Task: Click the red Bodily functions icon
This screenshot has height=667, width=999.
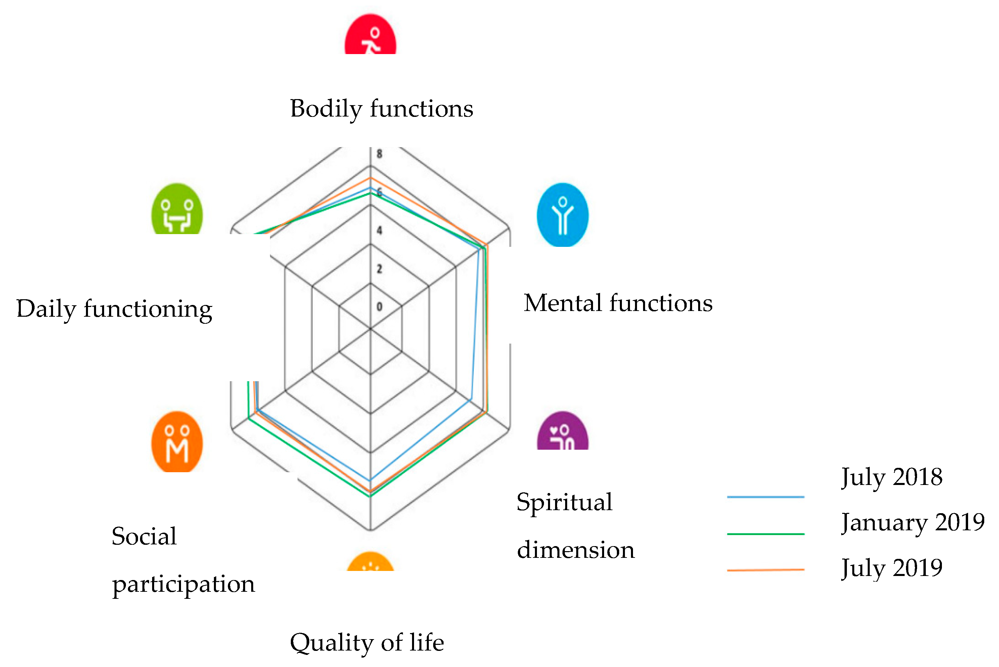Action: click(x=370, y=35)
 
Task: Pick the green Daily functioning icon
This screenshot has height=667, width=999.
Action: click(x=177, y=209)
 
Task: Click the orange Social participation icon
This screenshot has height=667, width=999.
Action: click(x=177, y=442)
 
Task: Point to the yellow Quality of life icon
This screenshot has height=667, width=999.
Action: click(x=370, y=562)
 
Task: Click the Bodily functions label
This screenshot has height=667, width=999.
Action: click(x=381, y=108)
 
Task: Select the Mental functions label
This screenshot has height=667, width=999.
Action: click(x=618, y=303)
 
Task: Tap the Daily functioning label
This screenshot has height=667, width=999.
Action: click(x=114, y=309)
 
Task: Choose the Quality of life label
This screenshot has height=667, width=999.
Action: click(x=367, y=642)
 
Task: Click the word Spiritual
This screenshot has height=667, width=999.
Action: click(x=564, y=502)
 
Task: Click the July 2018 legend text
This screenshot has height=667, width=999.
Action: click(x=892, y=477)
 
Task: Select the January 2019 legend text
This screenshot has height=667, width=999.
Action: click(x=913, y=522)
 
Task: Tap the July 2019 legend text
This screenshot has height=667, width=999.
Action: click(x=892, y=568)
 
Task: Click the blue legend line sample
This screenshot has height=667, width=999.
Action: click(x=766, y=496)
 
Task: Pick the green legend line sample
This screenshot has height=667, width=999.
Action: click(x=766, y=533)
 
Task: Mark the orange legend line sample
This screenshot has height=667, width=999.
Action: click(x=766, y=570)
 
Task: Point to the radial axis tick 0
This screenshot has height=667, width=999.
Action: click(x=379, y=306)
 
